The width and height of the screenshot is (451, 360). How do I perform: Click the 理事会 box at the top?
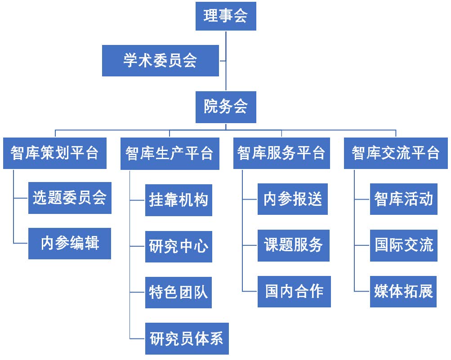point(226,16)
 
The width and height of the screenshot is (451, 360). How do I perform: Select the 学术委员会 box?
point(160,61)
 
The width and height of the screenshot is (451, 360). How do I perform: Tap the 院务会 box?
point(226,107)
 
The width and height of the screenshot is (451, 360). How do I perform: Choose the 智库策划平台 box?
point(54,153)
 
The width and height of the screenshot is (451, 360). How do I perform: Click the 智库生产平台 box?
point(170,153)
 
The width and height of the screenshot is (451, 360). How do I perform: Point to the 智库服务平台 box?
point(281,153)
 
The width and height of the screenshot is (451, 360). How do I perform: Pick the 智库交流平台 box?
point(396,153)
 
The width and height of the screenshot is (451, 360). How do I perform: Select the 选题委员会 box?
point(70,198)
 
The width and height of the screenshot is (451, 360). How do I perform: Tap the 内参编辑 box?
point(70,243)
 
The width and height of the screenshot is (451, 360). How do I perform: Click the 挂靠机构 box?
point(179,200)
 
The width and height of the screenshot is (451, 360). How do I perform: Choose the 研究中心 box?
point(179,246)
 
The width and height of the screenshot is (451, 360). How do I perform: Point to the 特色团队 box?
point(179,293)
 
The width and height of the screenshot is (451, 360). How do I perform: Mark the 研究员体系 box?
point(187,338)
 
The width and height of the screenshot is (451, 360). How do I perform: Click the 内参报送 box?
point(293,199)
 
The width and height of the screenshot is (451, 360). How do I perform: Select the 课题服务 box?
point(293,245)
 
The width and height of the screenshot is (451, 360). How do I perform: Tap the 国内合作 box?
point(294,292)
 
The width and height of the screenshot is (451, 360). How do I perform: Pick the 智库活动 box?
point(403,199)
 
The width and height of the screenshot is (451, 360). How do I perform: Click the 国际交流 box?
point(403,245)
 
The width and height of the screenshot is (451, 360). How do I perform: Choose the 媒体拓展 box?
point(403,292)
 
